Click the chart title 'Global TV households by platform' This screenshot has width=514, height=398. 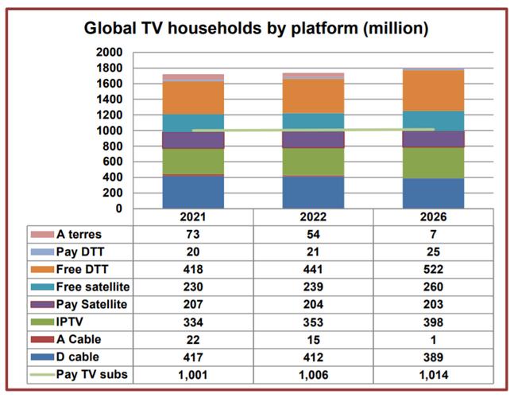coord(257,29)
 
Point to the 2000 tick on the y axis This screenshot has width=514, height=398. coord(109,53)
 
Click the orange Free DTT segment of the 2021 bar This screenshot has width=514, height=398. coord(193,98)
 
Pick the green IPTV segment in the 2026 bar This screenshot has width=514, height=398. coord(434,162)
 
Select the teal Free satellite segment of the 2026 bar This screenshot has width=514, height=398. coord(434,120)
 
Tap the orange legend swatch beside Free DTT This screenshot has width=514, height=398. coord(42,269)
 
